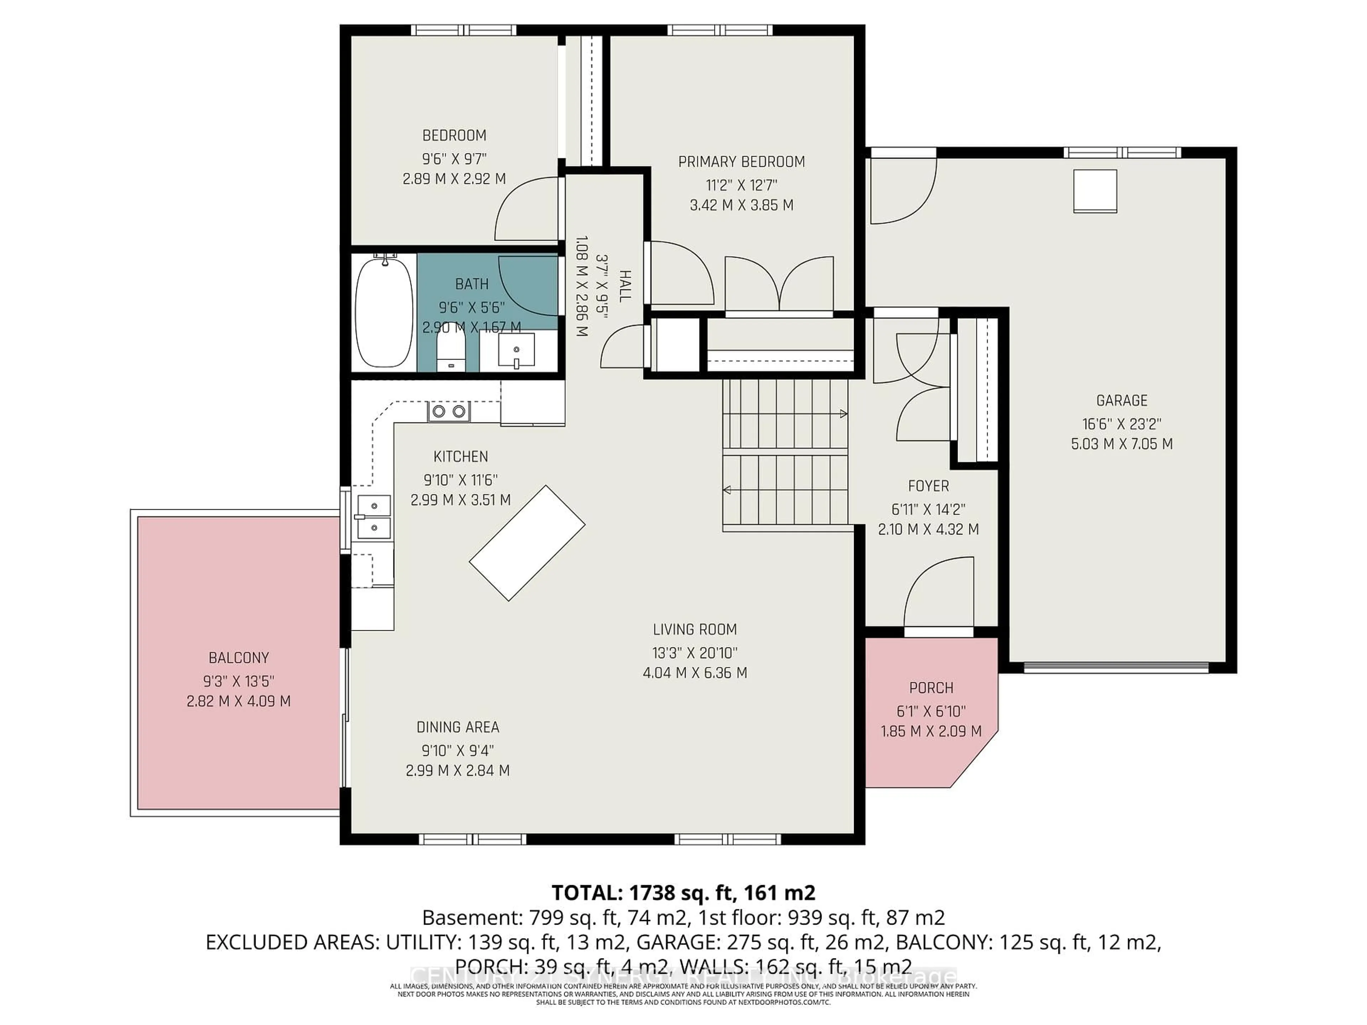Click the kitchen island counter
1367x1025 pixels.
527,543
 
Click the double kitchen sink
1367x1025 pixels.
373,516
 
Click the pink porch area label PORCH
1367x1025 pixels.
931,688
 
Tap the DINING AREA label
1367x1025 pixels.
457,727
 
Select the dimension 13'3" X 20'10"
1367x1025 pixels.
695,652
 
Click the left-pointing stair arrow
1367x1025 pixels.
727,490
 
